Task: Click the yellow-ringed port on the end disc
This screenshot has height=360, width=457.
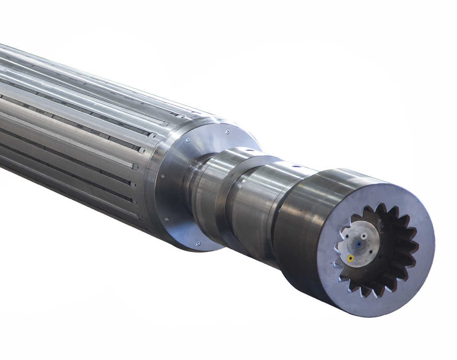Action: click(x=350, y=258)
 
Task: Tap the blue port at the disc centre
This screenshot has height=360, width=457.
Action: click(x=359, y=244)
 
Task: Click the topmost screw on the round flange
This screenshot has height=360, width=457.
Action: click(x=228, y=131)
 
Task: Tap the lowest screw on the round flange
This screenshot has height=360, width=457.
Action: click(x=198, y=243)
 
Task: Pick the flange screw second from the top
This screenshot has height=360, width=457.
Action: click(x=188, y=139)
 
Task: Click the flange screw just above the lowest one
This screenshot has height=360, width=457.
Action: click(x=167, y=219)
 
